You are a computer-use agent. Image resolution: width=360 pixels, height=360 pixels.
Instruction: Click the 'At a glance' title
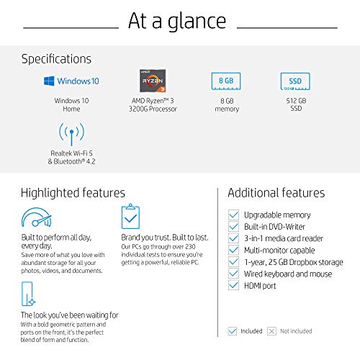coord(177,22)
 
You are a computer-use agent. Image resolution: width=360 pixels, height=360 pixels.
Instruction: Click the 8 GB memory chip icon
coord(226,81)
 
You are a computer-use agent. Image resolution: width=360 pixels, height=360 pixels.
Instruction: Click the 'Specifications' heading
coord(56,59)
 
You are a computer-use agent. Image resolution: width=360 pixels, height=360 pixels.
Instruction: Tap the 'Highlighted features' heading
coord(73,193)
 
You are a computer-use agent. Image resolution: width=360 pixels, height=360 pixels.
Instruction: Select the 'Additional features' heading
coord(276,193)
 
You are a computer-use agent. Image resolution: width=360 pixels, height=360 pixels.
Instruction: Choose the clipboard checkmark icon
coord(130,218)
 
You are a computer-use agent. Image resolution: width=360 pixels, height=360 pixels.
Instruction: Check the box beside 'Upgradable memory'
coord(233,215)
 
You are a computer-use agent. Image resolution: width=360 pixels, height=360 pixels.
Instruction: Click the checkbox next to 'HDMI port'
coord(233,285)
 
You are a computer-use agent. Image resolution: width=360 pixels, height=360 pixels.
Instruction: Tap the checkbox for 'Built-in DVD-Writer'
coord(233,226)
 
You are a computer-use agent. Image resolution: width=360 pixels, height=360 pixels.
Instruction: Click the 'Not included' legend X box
coord(271,331)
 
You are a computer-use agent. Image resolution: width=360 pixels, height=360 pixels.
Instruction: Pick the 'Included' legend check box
coord(232,331)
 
